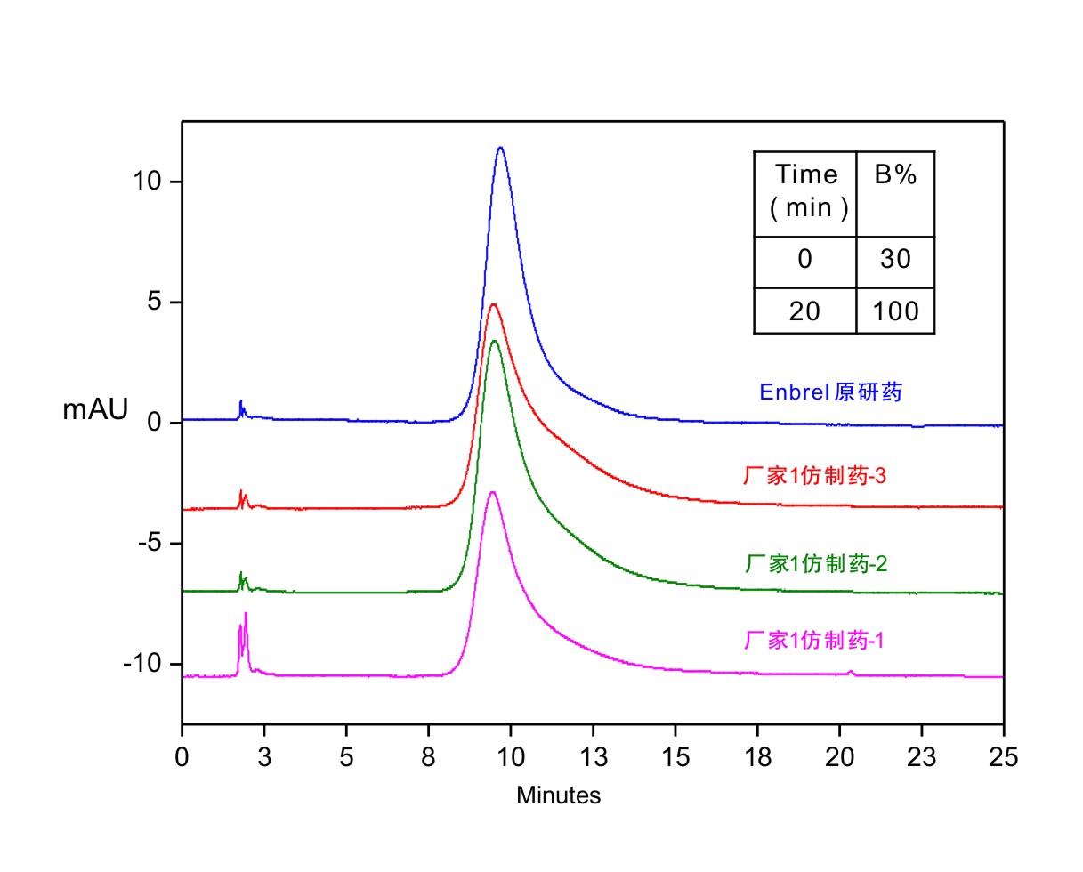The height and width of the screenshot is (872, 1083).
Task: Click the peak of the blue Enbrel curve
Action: click(501, 148)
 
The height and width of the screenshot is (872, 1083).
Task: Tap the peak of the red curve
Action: click(493, 305)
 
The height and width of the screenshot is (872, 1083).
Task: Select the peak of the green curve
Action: click(495, 341)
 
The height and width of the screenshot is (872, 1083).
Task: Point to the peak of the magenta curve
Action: click(492, 491)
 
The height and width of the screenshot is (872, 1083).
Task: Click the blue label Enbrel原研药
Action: click(829, 392)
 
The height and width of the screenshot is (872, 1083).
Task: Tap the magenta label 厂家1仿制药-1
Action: click(813, 641)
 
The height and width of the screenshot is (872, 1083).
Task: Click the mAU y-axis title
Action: click(95, 410)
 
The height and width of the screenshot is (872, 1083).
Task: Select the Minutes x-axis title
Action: click(558, 795)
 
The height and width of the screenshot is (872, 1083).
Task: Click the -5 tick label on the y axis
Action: click(146, 544)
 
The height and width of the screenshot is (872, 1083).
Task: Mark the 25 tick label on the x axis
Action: click(1003, 758)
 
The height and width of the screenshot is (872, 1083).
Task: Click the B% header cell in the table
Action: click(894, 193)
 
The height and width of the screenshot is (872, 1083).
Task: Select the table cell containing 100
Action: click(894, 311)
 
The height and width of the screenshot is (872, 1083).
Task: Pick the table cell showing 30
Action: click(894, 261)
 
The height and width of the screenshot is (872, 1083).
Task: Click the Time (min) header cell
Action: click(805, 193)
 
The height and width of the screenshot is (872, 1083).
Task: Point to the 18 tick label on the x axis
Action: click(757, 758)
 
